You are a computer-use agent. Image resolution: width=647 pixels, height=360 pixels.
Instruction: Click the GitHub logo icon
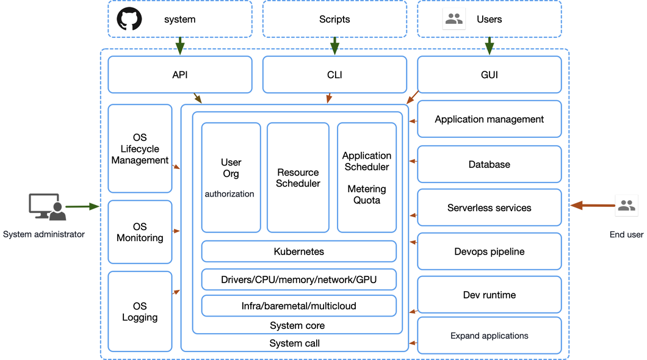129,19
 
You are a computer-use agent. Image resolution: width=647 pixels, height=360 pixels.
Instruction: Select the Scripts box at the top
334,19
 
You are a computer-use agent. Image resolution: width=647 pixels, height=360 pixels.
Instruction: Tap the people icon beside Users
454,19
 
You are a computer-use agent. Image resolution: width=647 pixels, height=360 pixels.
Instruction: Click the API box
180,74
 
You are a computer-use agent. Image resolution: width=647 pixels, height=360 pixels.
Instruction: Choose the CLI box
334,74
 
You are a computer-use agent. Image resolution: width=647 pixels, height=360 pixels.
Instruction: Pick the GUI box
489,74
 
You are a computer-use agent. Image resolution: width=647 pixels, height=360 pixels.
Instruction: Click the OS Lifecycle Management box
140,148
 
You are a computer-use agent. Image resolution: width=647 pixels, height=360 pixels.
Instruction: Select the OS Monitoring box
140,232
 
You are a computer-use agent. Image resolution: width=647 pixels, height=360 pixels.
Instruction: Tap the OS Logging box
140,311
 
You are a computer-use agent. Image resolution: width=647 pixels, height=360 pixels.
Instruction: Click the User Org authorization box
231,177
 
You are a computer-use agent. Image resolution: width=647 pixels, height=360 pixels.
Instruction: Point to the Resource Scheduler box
298,177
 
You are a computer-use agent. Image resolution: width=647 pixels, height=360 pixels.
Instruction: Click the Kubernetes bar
298,251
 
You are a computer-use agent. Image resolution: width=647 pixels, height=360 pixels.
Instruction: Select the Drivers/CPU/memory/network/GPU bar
298,279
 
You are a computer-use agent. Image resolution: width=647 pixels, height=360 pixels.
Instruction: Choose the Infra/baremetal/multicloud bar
298,306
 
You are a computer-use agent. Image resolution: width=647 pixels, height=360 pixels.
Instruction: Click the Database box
489,164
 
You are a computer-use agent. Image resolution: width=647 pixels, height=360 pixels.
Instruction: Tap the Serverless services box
489,207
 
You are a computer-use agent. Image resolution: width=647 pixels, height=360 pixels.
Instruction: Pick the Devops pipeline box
489,251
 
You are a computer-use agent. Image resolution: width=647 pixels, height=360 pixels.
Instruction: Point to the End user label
626,234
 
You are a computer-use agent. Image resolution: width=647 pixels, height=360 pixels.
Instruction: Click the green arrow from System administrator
82,207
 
